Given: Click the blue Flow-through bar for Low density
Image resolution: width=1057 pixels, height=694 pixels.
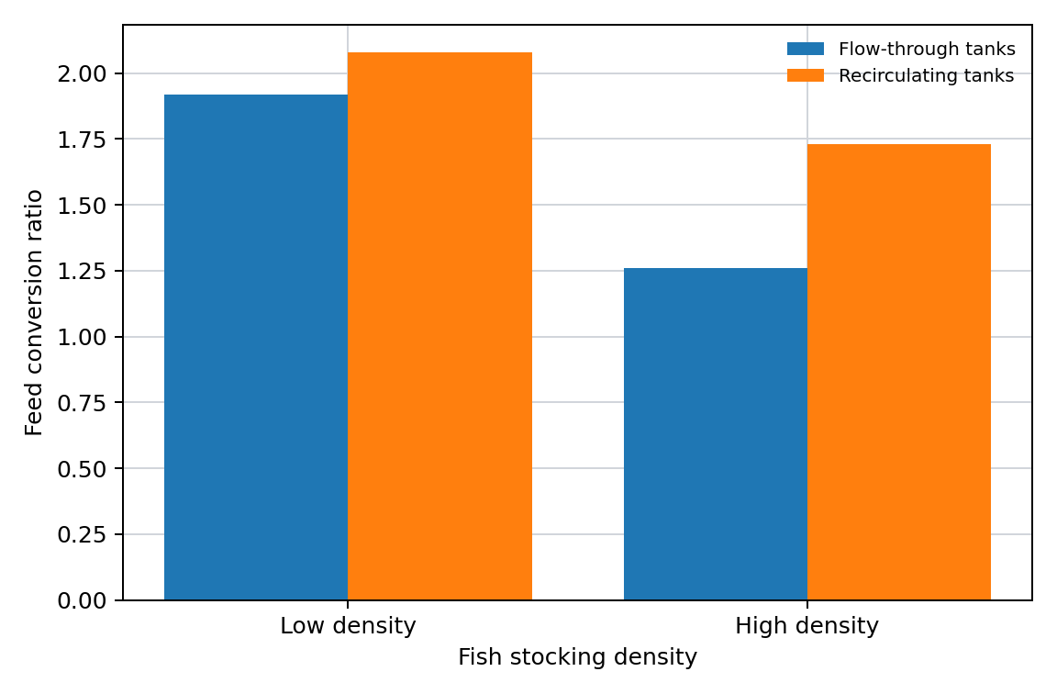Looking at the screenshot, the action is [256, 347].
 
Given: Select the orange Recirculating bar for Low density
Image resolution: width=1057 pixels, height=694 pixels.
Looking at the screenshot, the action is [440, 326].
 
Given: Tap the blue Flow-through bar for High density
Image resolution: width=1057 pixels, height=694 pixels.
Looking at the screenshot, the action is [716, 433].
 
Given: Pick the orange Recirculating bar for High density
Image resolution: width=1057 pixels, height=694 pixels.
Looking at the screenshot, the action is [899, 372].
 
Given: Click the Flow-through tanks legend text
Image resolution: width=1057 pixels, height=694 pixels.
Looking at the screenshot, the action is [927, 50].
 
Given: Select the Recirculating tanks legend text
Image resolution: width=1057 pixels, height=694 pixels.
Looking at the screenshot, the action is [926, 75].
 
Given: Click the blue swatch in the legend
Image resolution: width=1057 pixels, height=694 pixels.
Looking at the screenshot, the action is [806, 50].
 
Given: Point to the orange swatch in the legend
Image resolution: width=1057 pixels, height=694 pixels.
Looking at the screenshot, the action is [806, 75].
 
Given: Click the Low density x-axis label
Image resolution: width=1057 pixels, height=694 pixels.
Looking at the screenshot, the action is [348, 626].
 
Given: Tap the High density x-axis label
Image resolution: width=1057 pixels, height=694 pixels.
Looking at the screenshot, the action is [807, 626].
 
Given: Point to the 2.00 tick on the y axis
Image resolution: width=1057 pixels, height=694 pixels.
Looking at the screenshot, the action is [83, 73].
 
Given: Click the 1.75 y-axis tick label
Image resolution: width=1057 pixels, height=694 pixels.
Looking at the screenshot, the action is [83, 140].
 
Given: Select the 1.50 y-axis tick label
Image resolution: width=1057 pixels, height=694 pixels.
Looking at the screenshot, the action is [83, 205].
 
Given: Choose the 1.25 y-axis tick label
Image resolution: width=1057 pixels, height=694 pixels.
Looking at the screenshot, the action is [83, 271].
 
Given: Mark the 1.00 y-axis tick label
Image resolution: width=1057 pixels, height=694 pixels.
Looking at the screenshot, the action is [83, 337].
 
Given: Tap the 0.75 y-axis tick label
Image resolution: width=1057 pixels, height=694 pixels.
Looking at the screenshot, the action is [83, 403].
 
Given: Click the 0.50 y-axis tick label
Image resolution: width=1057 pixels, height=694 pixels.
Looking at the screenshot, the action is [83, 469].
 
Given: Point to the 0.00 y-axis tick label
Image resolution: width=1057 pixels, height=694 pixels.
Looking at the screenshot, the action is [83, 600].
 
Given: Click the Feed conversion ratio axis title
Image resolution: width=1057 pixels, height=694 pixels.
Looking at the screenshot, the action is [34, 312].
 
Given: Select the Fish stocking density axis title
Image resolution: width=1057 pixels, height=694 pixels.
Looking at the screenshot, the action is [578, 657].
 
